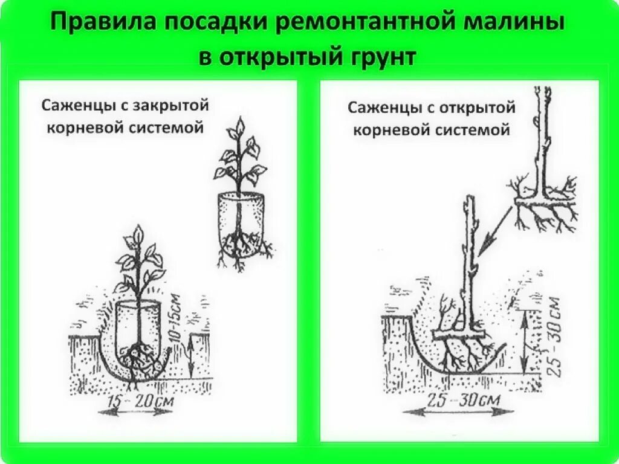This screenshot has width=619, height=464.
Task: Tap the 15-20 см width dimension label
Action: coord(134,401)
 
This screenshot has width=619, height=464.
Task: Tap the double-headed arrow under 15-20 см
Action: coord(134,412)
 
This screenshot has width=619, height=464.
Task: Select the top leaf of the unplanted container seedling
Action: coord(241,126)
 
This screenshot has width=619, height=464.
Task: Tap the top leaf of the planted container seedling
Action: coord(139,233)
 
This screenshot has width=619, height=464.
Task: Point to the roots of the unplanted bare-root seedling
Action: coord(544,211)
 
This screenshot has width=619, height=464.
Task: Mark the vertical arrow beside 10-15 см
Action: coord(191,356)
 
